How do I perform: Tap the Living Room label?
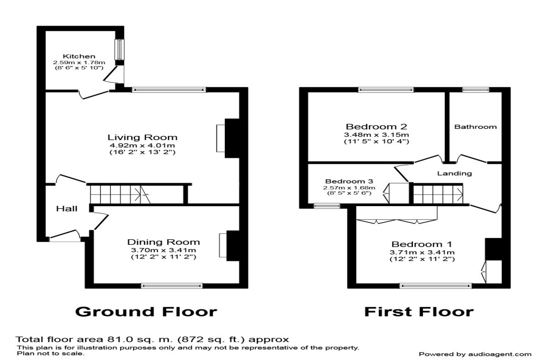142,137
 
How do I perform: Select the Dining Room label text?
163,242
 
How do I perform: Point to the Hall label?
67,209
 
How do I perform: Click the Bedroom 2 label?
376,126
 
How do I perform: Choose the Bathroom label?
475,127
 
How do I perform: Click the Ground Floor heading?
146,312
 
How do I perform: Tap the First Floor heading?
418,312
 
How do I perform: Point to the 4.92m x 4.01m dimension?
142,146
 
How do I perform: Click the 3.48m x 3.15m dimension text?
376,135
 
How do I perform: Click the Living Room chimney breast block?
232,138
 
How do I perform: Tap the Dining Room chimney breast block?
232,246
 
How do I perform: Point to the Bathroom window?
475,90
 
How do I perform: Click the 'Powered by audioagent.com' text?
475,354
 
